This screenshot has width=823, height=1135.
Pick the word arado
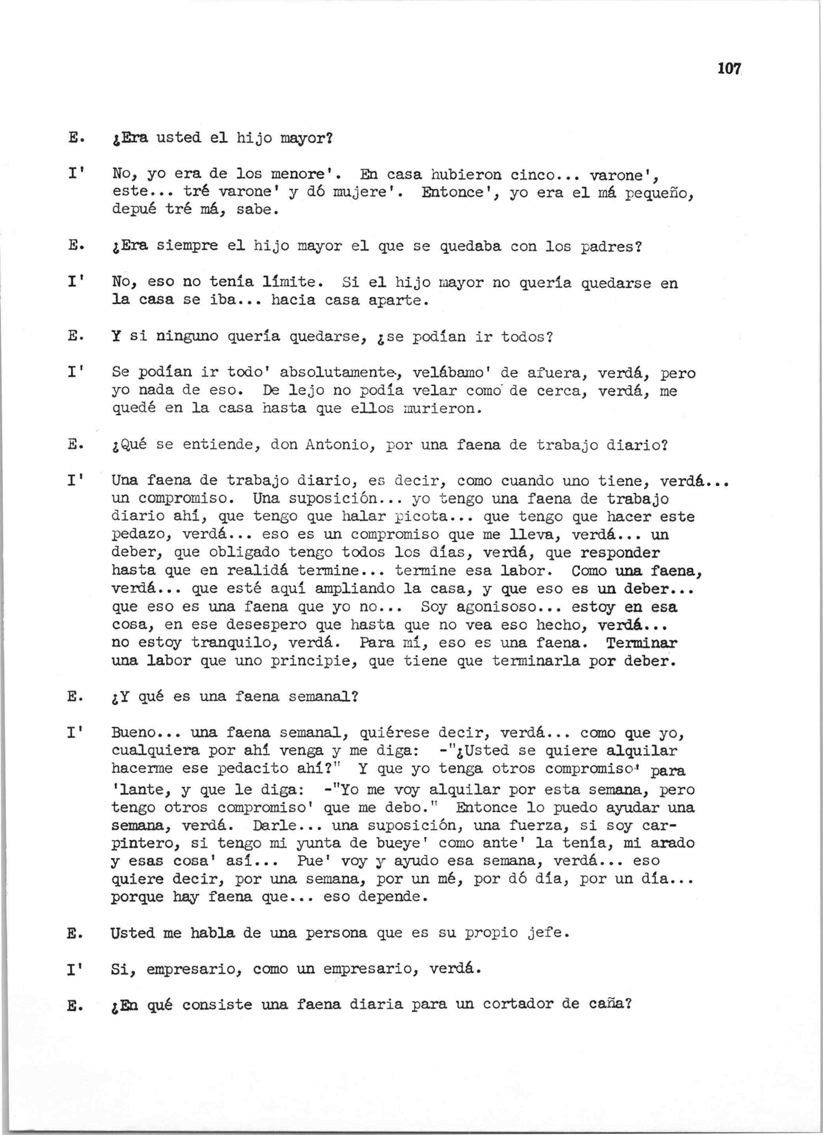tap(672, 843)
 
